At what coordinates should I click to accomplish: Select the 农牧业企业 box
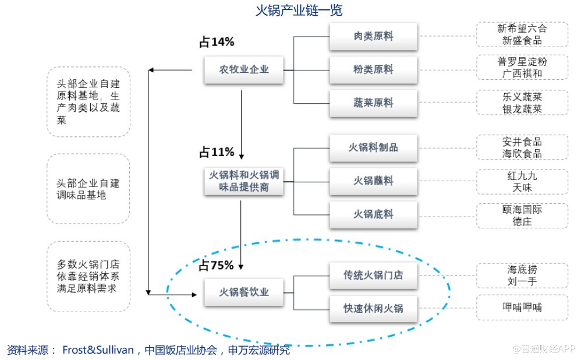click(244, 69)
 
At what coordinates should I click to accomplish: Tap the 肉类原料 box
click(373, 36)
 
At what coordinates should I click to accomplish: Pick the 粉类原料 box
click(373, 69)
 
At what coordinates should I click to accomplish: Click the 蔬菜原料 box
click(373, 103)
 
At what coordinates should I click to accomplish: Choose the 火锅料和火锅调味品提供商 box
click(244, 181)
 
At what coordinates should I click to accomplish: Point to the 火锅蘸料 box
click(373, 181)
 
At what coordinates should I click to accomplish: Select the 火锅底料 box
click(373, 214)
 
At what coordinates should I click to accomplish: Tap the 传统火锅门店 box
click(373, 275)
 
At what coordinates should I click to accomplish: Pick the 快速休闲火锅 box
click(373, 309)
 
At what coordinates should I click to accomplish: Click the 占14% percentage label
click(217, 42)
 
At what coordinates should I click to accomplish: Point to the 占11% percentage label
click(217, 153)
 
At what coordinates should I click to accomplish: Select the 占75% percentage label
click(217, 266)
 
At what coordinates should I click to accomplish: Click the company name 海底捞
click(522, 270)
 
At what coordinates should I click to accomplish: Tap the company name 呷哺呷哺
click(522, 308)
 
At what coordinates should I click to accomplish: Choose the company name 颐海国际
click(522, 209)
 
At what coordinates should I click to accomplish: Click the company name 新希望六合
click(522, 29)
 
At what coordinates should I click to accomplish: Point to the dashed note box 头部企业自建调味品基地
click(88, 189)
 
